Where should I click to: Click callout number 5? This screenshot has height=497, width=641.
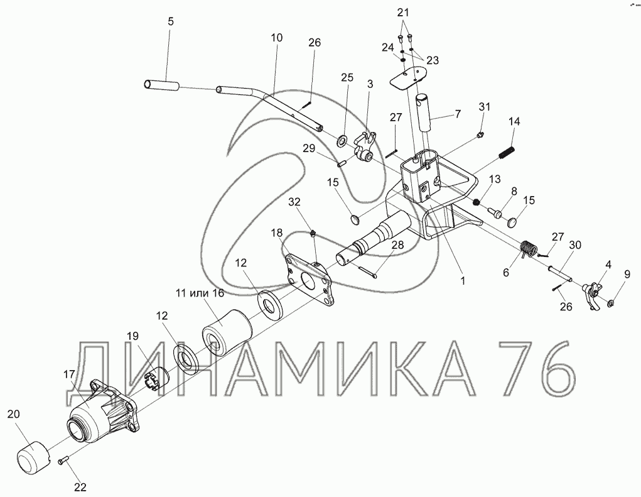(x=171, y=21)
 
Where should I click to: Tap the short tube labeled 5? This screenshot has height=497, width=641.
(x=161, y=85)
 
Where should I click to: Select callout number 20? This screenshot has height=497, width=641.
(x=13, y=414)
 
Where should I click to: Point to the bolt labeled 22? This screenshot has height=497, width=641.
(x=63, y=461)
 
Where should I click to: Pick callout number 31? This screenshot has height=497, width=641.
(x=485, y=107)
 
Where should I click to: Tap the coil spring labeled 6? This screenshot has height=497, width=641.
(x=530, y=248)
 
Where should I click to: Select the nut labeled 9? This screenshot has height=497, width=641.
(x=611, y=303)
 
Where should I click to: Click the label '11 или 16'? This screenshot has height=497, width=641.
(x=200, y=293)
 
